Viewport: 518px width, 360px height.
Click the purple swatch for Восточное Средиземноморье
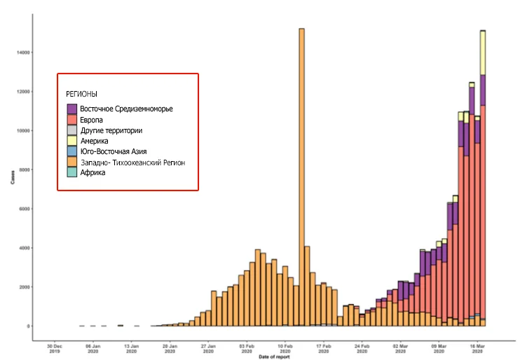click(72, 109)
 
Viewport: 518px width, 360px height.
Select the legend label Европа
click(93, 120)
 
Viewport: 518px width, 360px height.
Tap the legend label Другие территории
click(111, 130)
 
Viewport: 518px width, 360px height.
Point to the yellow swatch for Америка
click(72, 141)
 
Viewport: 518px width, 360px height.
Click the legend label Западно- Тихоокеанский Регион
click(133, 162)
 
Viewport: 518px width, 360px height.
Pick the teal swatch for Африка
click(72, 173)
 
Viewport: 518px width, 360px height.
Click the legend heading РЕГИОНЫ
click(81, 94)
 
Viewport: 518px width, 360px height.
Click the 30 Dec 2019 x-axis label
click(54, 348)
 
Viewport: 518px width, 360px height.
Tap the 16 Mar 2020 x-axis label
click(477, 348)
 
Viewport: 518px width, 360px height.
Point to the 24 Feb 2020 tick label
click(362, 348)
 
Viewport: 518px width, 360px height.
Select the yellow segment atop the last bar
click(483, 53)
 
